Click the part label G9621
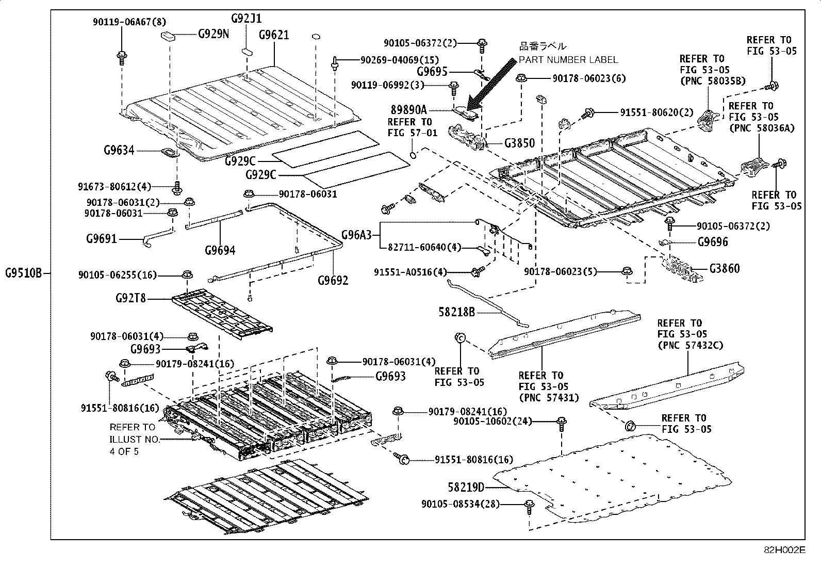point(274,35)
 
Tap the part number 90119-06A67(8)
point(129,22)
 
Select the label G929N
point(214,34)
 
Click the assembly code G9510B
point(23,273)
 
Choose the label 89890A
point(408,110)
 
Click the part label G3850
point(520,143)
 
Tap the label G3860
point(725,268)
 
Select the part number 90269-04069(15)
point(400,60)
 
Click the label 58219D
point(466,487)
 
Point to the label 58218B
point(457,312)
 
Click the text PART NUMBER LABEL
point(568,60)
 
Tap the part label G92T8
point(130,298)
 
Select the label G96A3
point(356,235)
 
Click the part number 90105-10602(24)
point(492,421)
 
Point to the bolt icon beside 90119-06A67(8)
point(122,58)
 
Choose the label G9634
point(119,150)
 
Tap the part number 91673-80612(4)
point(114,187)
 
